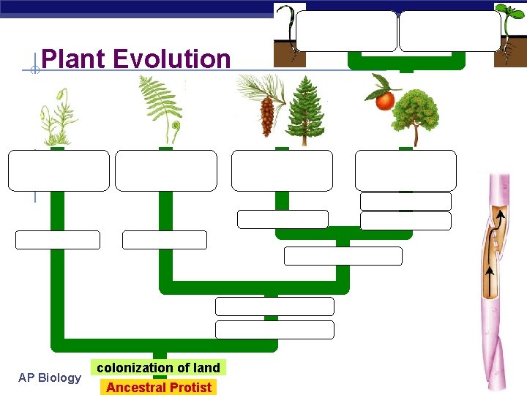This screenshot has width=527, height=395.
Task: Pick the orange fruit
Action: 385,100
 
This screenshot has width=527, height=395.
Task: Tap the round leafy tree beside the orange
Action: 416,117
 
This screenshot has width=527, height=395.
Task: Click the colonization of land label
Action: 158,367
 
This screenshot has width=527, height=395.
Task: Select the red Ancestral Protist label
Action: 158,387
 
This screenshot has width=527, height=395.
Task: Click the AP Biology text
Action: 50,377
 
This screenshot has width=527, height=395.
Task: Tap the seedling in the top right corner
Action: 508,29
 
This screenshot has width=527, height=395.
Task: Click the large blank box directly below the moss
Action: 59,170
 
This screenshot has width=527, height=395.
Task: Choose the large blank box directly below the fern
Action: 166,170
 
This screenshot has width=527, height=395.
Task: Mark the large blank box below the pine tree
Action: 282,170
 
